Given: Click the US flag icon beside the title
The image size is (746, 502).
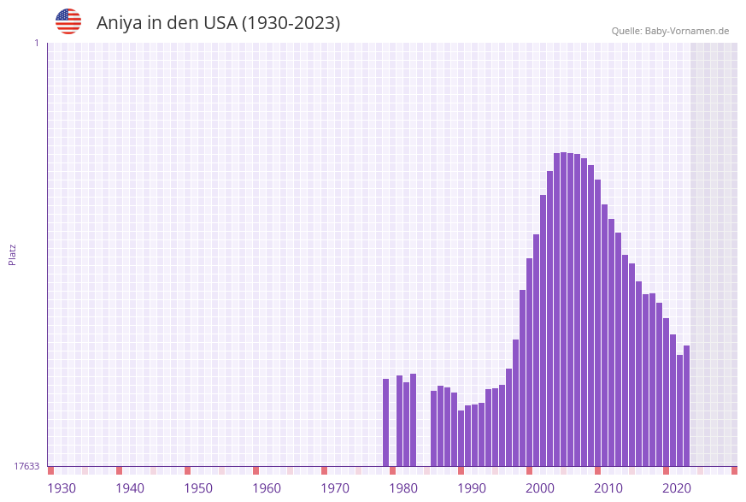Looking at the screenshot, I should pyautogui.click(x=68, y=21).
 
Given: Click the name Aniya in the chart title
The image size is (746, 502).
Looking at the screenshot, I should pyautogui.click(x=119, y=23).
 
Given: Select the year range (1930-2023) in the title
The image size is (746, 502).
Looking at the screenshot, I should pyautogui.click(x=291, y=23).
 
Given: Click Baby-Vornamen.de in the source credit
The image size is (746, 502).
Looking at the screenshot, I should pyautogui.click(x=687, y=31).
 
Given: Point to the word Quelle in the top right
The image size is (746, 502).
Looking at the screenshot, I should pyautogui.click(x=626, y=31).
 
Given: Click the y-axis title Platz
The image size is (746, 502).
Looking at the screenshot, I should pyautogui.click(x=13, y=254).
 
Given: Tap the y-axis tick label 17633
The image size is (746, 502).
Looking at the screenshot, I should pyautogui.click(x=26, y=466).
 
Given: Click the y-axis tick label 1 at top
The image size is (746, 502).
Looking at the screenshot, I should pyautogui.click(x=36, y=43).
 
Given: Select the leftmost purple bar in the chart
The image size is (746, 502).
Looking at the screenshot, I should pyautogui.click(x=385, y=422).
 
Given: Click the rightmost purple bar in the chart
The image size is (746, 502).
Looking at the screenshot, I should pyautogui.click(x=686, y=405).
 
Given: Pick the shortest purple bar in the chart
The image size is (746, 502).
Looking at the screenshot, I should pyautogui.click(x=461, y=438).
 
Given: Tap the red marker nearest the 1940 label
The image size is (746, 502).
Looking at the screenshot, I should pyautogui.click(x=119, y=470).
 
